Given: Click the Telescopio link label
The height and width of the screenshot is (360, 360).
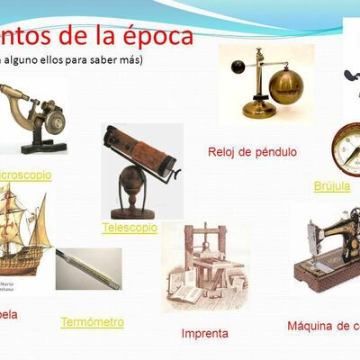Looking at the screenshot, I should (130, 228).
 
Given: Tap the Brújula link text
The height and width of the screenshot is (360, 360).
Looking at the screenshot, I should (331, 186).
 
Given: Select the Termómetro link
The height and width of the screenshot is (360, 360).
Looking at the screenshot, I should (92, 321).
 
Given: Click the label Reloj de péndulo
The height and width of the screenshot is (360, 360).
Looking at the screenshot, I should (252, 151).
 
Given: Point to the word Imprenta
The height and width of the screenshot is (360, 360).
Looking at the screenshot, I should (205, 333).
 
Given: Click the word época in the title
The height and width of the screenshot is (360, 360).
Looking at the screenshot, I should (157, 37).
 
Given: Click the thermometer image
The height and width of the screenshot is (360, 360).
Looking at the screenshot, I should (87, 267).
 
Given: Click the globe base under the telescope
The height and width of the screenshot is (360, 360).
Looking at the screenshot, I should (139, 193).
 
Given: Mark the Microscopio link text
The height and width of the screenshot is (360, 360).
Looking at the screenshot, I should (36, 175).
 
